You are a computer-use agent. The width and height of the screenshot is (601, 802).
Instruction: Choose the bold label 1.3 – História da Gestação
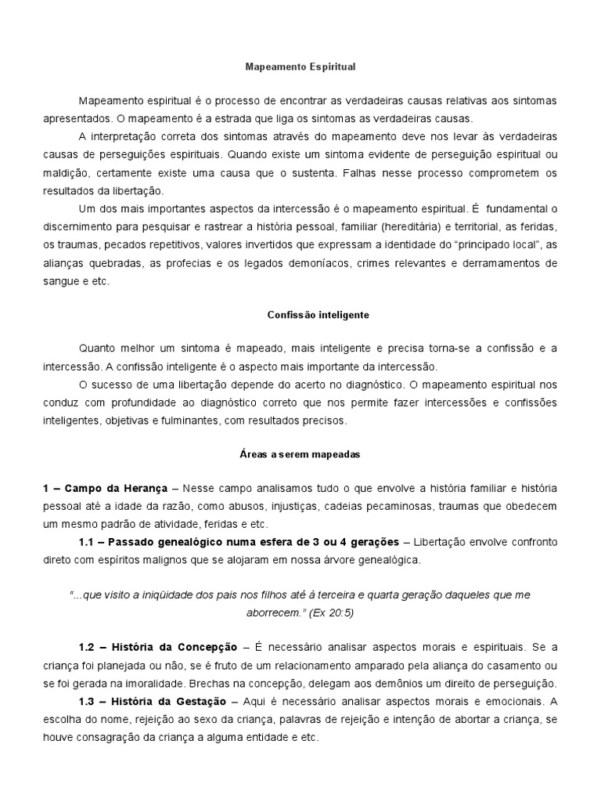pyautogui.click(x=155, y=702)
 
